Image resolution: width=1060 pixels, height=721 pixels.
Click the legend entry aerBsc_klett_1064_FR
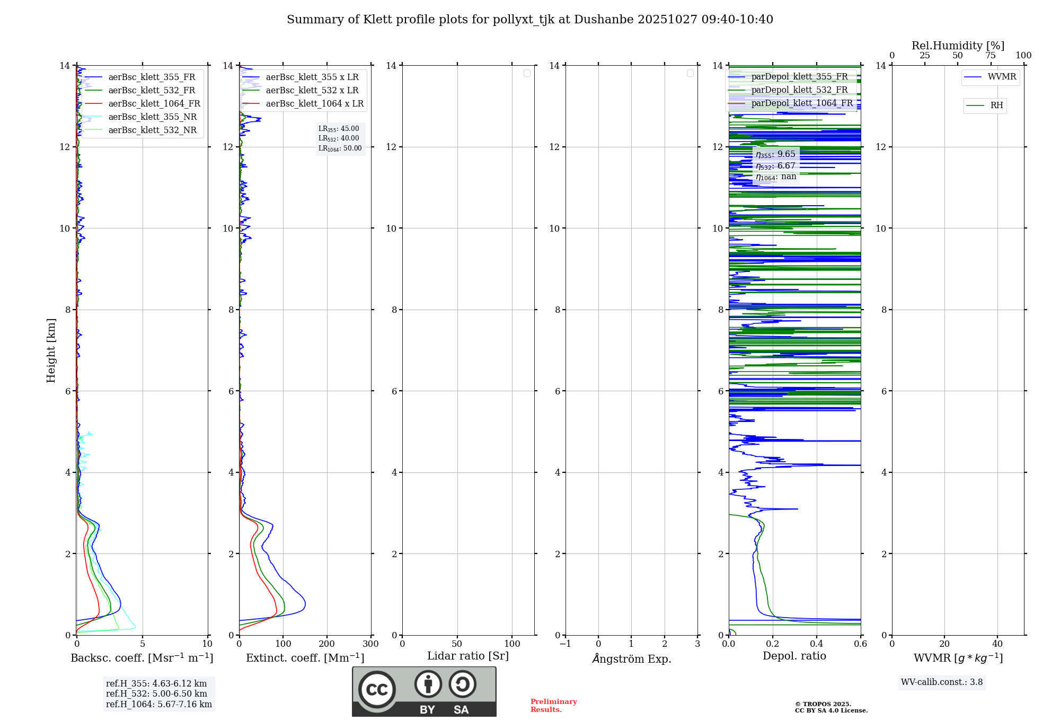(154, 104)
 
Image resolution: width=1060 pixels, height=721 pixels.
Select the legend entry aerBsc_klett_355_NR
(152, 117)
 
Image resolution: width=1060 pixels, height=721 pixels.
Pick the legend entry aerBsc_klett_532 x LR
(312, 91)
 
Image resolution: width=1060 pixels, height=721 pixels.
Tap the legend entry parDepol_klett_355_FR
(799, 77)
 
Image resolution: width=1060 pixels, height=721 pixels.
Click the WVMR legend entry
(1002, 77)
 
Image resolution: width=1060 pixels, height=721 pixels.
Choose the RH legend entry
(996, 105)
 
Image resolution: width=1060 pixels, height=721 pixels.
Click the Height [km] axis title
(51, 350)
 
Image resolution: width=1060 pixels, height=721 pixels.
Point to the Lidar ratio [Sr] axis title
(468, 656)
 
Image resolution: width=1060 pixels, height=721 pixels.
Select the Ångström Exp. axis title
(631, 659)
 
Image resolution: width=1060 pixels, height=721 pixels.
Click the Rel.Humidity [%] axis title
(958, 46)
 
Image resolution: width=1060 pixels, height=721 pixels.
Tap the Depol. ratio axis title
(794, 656)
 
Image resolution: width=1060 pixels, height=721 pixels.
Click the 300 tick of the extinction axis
(370, 644)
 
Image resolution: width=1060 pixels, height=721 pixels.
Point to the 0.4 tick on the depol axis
(817, 644)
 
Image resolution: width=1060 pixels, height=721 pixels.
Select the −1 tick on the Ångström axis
(566, 644)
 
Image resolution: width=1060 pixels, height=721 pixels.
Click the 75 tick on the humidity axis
(990, 56)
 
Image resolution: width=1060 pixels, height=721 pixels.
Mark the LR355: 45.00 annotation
(339, 129)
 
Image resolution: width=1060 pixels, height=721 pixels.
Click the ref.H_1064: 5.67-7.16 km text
(158, 705)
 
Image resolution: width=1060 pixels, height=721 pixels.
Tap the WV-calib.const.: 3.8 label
(941, 682)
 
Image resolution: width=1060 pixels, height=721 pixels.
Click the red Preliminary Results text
(553, 706)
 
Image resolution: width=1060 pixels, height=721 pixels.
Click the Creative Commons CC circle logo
(377, 690)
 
